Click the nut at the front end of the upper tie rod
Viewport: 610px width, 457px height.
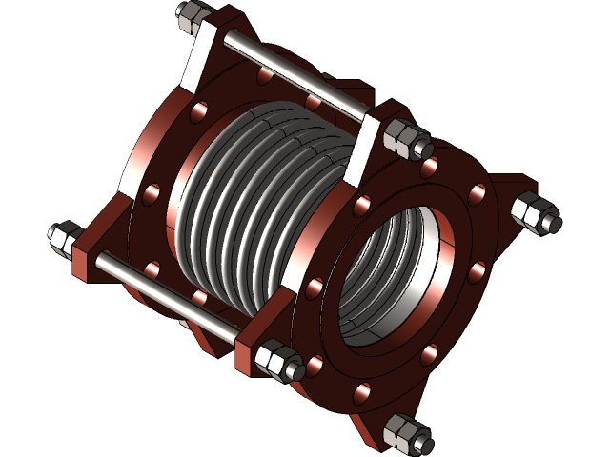click(409, 139)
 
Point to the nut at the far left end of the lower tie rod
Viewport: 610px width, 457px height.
click(63, 237)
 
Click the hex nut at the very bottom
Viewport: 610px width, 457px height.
click(406, 434)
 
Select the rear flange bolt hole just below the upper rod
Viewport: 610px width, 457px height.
click(314, 100)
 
